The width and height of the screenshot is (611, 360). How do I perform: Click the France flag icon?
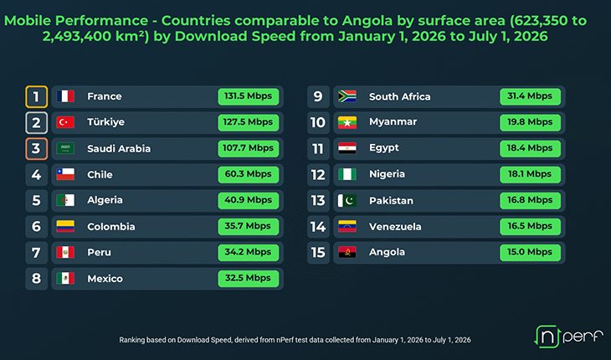tap(65, 96)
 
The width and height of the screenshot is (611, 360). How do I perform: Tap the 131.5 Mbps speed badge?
tap(249, 96)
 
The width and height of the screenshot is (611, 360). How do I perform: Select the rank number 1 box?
tap(36, 96)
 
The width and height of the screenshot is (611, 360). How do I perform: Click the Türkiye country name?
tap(105, 122)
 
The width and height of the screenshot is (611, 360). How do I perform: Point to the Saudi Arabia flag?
tap(65, 148)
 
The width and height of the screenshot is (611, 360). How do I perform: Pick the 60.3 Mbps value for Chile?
tap(249, 174)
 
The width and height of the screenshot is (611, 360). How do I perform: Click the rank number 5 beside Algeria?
tap(36, 200)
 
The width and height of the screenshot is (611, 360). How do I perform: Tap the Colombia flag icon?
tap(65, 226)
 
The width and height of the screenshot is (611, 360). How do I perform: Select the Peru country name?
tap(99, 253)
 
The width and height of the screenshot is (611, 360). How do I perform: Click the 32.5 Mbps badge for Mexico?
tap(249, 278)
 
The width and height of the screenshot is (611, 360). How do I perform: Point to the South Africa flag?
tap(347, 96)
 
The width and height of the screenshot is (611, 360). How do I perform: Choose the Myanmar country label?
tap(393, 122)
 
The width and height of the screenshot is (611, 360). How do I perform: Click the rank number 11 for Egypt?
tap(318, 148)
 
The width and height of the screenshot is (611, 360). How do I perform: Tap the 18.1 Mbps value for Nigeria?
tap(530, 174)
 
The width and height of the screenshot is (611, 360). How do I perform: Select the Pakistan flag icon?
tap(347, 200)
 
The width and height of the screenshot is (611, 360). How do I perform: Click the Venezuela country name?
tap(395, 226)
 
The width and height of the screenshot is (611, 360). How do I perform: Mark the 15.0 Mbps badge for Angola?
tap(530, 252)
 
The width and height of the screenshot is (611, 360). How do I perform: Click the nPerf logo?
tap(568, 337)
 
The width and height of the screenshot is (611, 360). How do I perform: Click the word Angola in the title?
tap(367, 21)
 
